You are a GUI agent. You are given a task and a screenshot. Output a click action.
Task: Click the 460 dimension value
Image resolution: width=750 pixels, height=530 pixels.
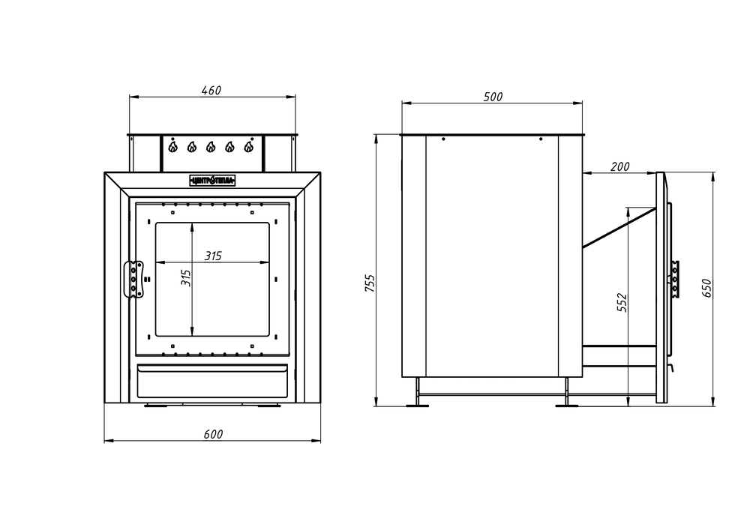tap(211, 91)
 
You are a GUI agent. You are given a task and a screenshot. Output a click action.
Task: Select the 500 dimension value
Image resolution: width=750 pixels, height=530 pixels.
tap(493, 97)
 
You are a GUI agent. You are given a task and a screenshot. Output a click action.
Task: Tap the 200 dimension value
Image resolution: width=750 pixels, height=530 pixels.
tap(619, 166)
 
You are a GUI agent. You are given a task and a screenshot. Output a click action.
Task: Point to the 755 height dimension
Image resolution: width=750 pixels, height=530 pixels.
tap(369, 284)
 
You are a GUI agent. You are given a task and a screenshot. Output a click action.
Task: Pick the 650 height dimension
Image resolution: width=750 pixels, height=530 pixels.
tap(706, 288)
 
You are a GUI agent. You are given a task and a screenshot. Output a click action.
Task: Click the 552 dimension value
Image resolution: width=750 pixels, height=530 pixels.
tap(621, 301)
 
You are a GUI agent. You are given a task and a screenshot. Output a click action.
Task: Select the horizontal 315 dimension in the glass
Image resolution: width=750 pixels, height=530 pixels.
tap(213, 256)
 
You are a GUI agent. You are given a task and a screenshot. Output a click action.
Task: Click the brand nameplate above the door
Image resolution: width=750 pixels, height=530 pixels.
tap(212, 180)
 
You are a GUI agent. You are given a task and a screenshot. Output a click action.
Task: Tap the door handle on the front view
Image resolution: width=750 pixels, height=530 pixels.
tap(134, 279)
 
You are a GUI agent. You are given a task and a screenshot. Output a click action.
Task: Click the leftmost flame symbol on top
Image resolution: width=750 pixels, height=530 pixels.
tap(173, 147)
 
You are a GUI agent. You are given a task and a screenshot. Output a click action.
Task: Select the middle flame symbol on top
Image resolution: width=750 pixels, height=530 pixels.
tap(211, 147)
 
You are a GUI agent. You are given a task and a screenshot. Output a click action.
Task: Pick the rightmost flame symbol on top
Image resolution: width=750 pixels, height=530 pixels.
tap(248, 147)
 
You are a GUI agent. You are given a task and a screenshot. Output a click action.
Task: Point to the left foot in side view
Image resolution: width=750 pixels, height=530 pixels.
tap(417, 405)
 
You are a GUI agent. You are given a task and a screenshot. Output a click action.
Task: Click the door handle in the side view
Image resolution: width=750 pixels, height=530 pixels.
tap(676, 277)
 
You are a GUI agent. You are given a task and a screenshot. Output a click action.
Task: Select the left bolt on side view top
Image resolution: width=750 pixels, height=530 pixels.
tap(444, 139)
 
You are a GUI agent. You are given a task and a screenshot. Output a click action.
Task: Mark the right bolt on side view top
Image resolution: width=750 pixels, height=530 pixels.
tap(540, 139)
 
